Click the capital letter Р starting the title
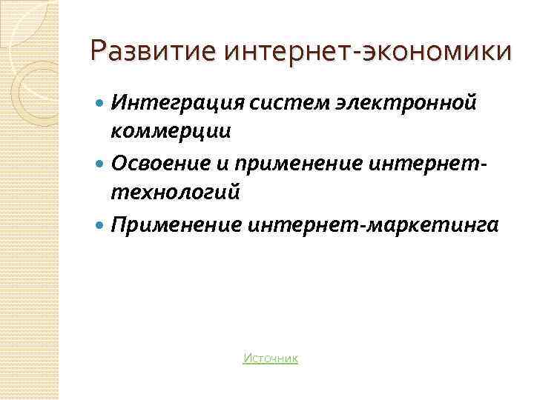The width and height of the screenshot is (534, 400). pyautogui.click(x=97, y=52)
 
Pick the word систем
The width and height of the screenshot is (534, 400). pyautogui.click(x=283, y=101)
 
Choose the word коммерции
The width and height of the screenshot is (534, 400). pyautogui.click(x=171, y=131)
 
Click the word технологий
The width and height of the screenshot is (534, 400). pyautogui.click(x=176, y=192)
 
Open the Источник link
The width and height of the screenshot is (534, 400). pyautogui.click(x=270, y=359)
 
